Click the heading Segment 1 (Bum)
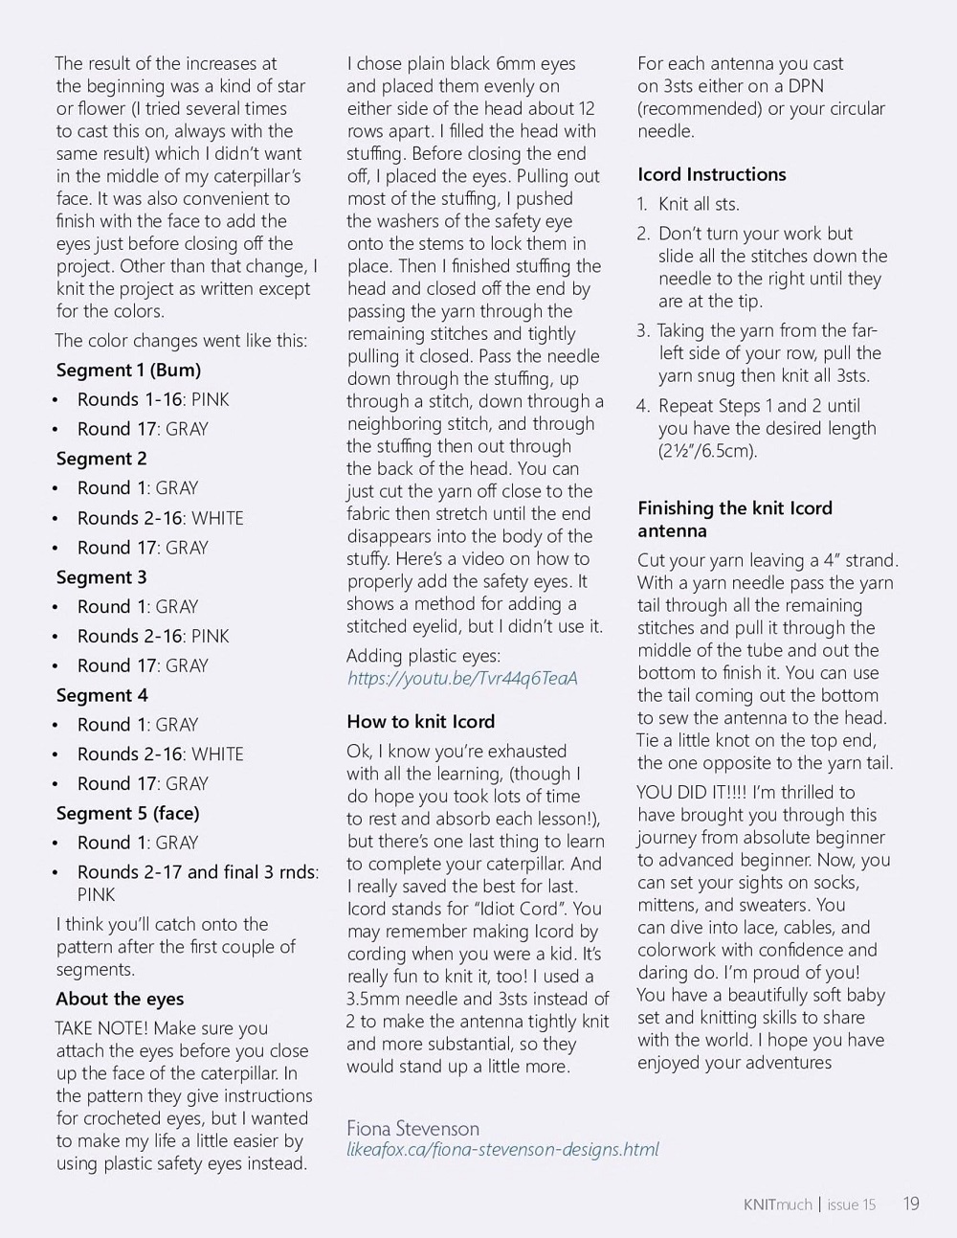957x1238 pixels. pos(128,371)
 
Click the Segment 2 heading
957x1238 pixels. pos(101,459)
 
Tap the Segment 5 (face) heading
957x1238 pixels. pos(127,813)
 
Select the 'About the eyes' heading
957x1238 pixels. pos(120,999)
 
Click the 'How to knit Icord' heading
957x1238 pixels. pos(421,722)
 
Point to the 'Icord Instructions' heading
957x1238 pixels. pos(712,174)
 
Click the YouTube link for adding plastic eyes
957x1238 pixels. pos(462,678)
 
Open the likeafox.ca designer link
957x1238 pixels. pos(502,1149)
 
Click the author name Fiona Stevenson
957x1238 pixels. pos(412,1128)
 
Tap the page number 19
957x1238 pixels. pos(910,1204)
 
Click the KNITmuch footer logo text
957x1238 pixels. pos(777,1204)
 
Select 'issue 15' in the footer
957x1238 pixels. pos(851,1204)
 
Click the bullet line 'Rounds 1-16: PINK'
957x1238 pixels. pos(153,400)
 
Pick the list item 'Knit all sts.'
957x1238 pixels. pos(699,204)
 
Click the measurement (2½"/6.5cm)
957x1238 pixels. pos(707,451)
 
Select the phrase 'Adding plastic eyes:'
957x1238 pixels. pos(424,656)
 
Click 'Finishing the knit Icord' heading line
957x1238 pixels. pos(735,508)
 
